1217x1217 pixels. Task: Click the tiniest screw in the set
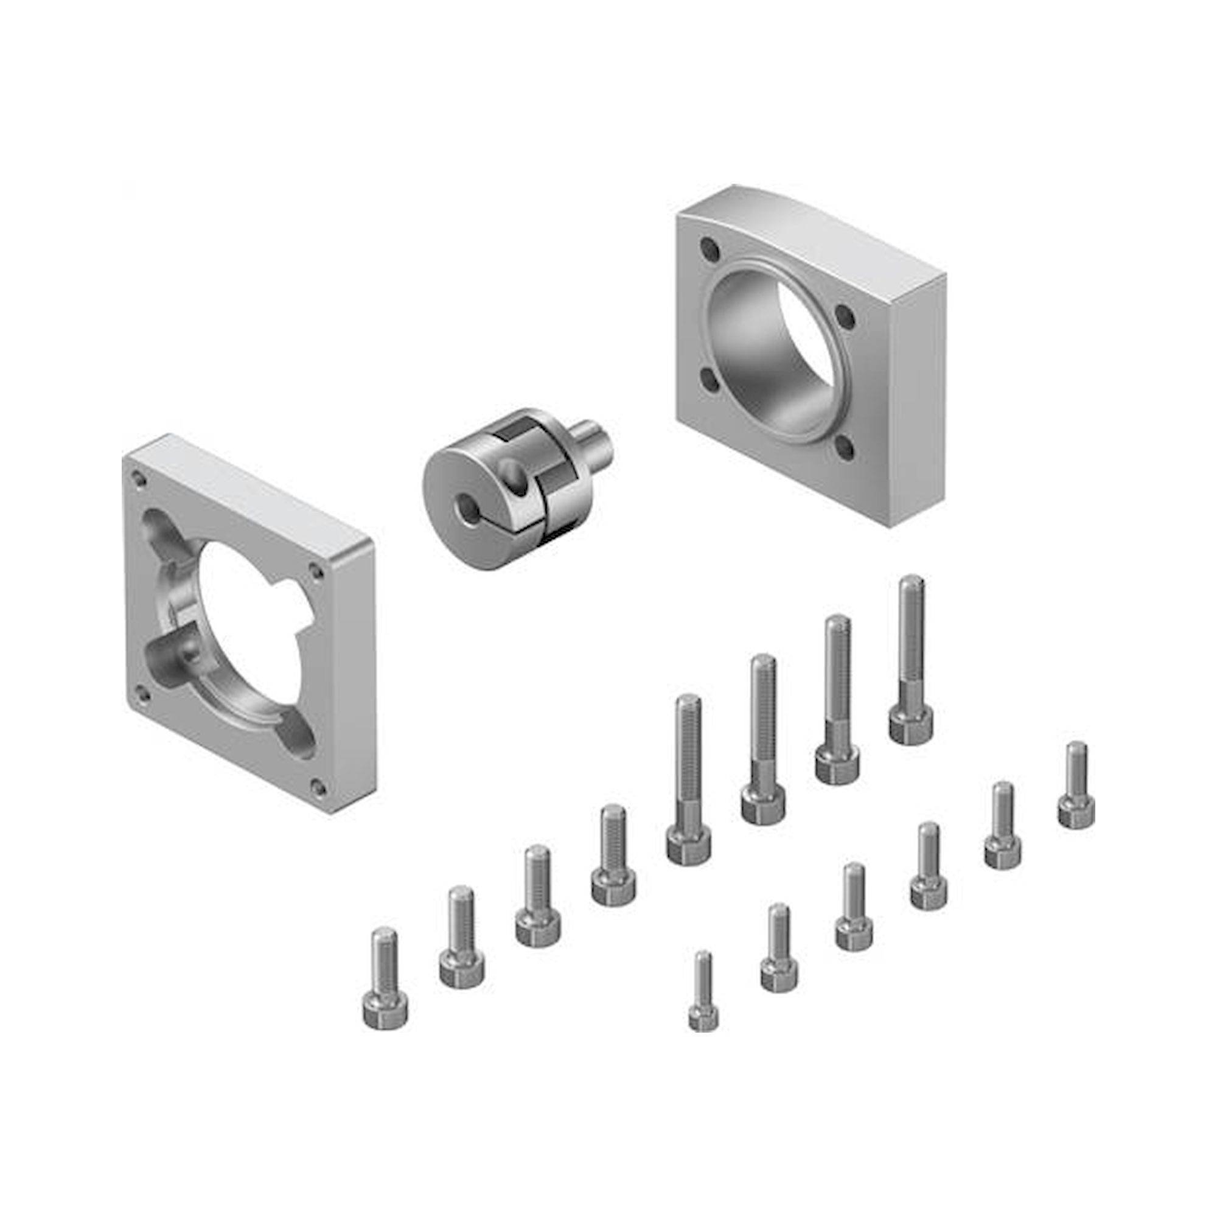coord(703,1002)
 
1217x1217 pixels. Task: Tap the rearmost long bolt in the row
coord(911,658)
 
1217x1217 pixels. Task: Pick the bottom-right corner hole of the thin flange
coord(319,786)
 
